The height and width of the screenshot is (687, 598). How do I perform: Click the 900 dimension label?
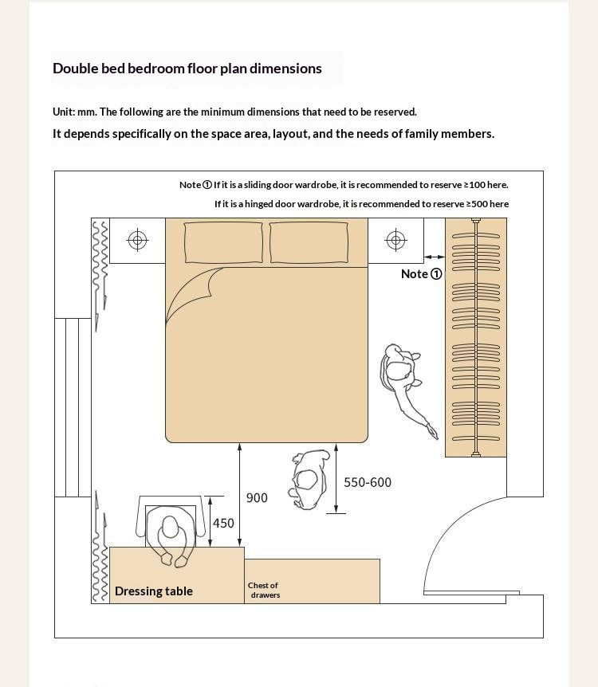tap(257, 498)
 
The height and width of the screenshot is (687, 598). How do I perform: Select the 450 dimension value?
tap(223, 524)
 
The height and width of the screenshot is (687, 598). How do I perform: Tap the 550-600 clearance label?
tap(368, 482)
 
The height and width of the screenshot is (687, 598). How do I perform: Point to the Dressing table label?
tap(154, 591)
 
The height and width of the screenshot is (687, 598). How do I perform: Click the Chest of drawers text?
tap(263, 591)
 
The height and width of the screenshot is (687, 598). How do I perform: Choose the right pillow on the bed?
tap(309, 242)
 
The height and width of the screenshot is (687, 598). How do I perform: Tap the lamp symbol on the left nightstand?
tap(138, 240)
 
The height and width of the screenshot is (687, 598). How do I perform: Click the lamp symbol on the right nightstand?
tap(395, 240)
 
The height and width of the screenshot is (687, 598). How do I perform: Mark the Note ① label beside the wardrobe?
tap(421, 274)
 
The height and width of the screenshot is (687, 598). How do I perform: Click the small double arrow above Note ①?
tap(435, 257)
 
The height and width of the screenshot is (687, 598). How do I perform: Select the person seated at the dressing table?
tap(171, 534)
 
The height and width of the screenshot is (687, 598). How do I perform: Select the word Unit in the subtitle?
tap(63, 112)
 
